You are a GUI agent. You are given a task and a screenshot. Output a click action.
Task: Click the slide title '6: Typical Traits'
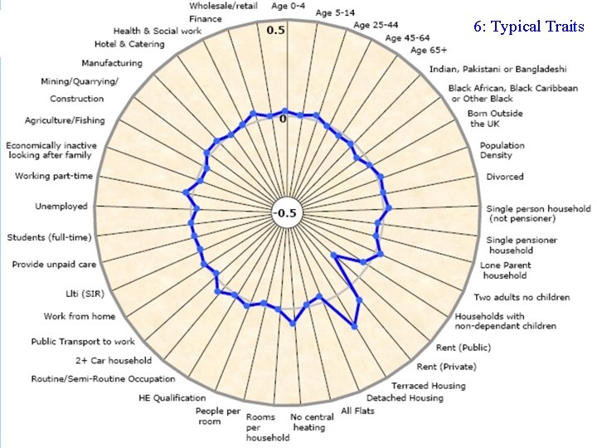coord(529,27)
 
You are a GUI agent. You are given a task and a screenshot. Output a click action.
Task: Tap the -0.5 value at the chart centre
coord(285,213)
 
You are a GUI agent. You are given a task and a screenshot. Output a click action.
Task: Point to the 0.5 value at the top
coord(275,31)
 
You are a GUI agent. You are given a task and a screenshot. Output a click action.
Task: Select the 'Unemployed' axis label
coord(61,207)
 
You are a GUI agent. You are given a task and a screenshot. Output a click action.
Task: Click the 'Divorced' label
coord(504,177)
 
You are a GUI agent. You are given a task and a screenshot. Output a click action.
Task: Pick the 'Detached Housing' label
coord(405,398)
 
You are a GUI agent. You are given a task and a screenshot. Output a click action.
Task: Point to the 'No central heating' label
coord(308,422)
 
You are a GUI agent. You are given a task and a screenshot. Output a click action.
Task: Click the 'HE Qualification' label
coord(172,398)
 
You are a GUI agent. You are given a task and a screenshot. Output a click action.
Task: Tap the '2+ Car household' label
coord(114,361)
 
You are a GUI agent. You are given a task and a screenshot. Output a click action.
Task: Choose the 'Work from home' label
coord(80,316)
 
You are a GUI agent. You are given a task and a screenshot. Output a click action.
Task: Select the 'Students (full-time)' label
coord(49,238)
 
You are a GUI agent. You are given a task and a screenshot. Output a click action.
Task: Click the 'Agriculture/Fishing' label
coord(65,120)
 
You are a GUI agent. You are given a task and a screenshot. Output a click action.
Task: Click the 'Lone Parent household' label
coord(504,270)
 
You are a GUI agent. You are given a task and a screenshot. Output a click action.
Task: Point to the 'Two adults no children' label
coord(522,297)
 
